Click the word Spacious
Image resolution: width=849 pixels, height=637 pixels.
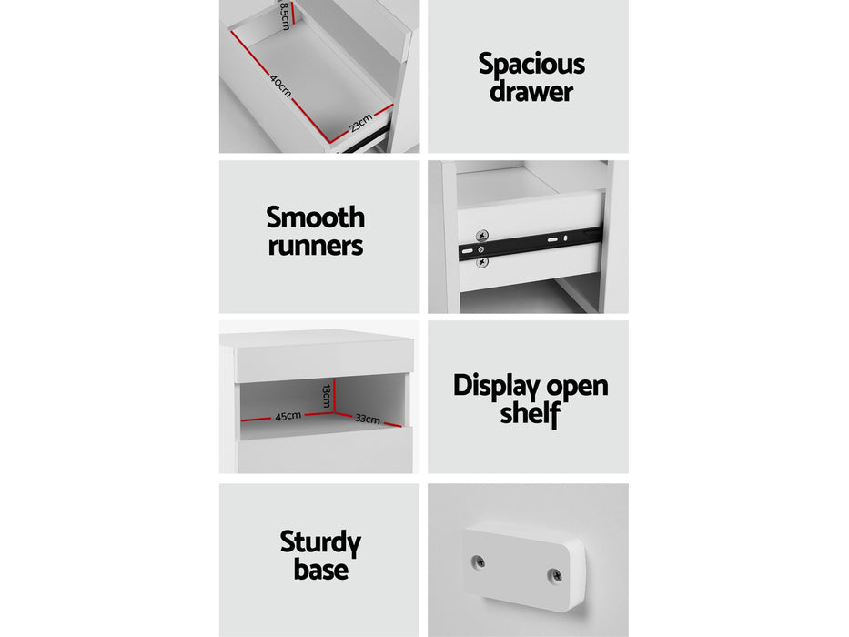(531, 65)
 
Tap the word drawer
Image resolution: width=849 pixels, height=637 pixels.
(531, 91)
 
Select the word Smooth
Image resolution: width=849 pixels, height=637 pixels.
(315, 217)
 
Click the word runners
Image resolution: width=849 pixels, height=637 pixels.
(316, 246)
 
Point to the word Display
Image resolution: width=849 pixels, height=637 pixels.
(496, 387)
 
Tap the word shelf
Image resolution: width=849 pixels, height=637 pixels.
(531, 413)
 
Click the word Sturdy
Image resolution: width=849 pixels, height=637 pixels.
(320, 542)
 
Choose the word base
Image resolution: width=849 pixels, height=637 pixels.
(320, 569)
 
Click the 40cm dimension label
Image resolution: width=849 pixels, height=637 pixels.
(280, 86)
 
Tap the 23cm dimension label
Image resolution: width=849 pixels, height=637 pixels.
(360, 124)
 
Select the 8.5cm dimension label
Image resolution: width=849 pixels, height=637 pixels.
(285, 15)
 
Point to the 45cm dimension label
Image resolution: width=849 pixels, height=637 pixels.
(288, 416)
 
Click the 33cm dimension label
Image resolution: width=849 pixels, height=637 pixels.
(368, 419)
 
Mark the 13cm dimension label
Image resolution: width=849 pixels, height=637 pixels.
(326, 396)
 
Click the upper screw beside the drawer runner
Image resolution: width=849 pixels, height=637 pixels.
(482, 236)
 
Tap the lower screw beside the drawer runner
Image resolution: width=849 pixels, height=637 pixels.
(482, 263)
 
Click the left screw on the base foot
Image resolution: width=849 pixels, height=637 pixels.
(478, 561)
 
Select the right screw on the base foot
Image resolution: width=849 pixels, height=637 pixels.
(555, 575)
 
